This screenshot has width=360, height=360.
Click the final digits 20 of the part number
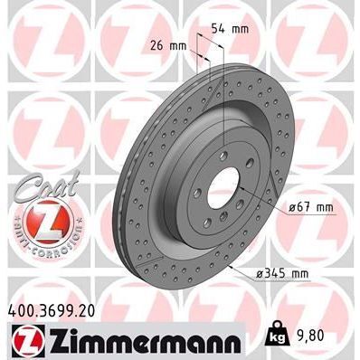click(90, 310)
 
